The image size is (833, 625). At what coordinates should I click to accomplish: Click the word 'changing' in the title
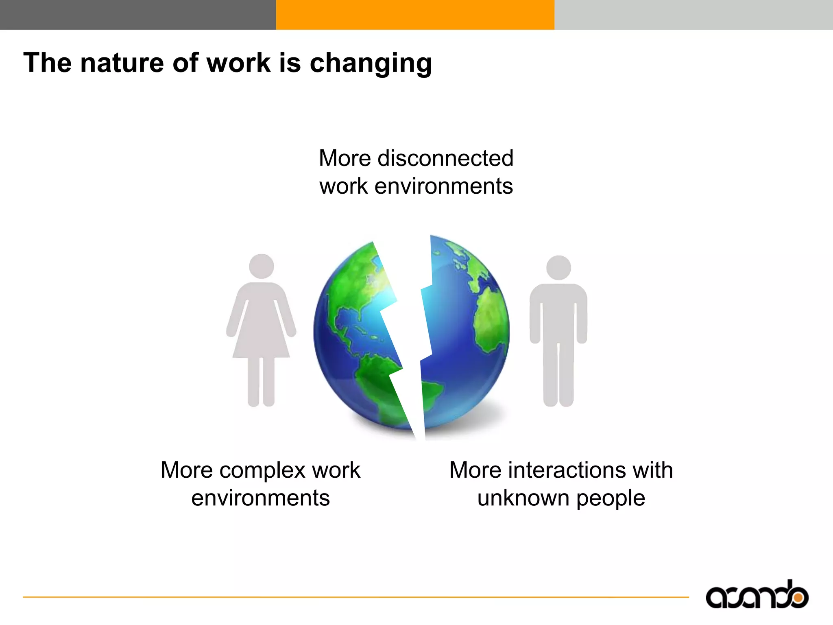click(371, 63)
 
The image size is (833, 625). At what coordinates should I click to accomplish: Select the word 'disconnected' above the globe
click(445, 158)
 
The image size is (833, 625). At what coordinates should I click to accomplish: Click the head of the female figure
click(261, 267)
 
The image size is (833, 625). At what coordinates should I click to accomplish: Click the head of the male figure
click(558, 268)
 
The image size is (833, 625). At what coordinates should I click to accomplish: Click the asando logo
click(757, 596)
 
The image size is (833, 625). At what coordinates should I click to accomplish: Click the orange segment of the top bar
click(415, 15)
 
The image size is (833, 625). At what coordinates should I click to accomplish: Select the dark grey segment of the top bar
click(138, 15)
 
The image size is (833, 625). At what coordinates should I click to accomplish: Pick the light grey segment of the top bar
click(693, 15)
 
